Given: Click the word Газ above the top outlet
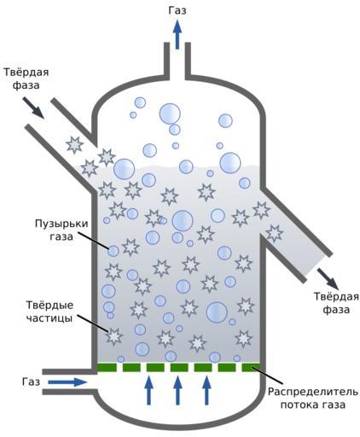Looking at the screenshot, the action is [x=177, y=10].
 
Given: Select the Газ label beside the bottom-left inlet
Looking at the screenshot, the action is [x=31, y=382].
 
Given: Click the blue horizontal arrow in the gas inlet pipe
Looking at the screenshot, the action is [x=67, y=382].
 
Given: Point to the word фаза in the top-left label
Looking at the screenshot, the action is [x=26, y=85].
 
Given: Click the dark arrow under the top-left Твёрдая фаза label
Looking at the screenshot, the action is [x=33, y=108].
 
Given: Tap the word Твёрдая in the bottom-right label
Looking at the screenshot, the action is [x=336, y=296].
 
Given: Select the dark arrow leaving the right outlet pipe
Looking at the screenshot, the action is [x=328, y=278].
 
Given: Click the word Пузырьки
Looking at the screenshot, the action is [x=61, y=224].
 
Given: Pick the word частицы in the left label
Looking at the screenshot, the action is [x=49, y=318].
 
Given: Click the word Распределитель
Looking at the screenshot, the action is [x=313, y=392].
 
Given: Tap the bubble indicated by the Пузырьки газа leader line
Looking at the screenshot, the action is [x=113, y=251].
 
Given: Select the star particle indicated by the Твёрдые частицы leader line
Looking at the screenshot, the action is [x=114, y=336].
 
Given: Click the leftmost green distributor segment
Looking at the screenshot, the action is [x=107, y=367].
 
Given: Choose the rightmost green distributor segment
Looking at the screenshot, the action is [x=251, y=367].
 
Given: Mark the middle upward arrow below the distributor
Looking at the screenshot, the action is [x=177, y=390].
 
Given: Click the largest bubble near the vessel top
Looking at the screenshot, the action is [x=170, y=114].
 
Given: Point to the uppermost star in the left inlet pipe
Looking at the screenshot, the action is [x=75, y=145].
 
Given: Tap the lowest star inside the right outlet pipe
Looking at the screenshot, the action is [x=275, y=234].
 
